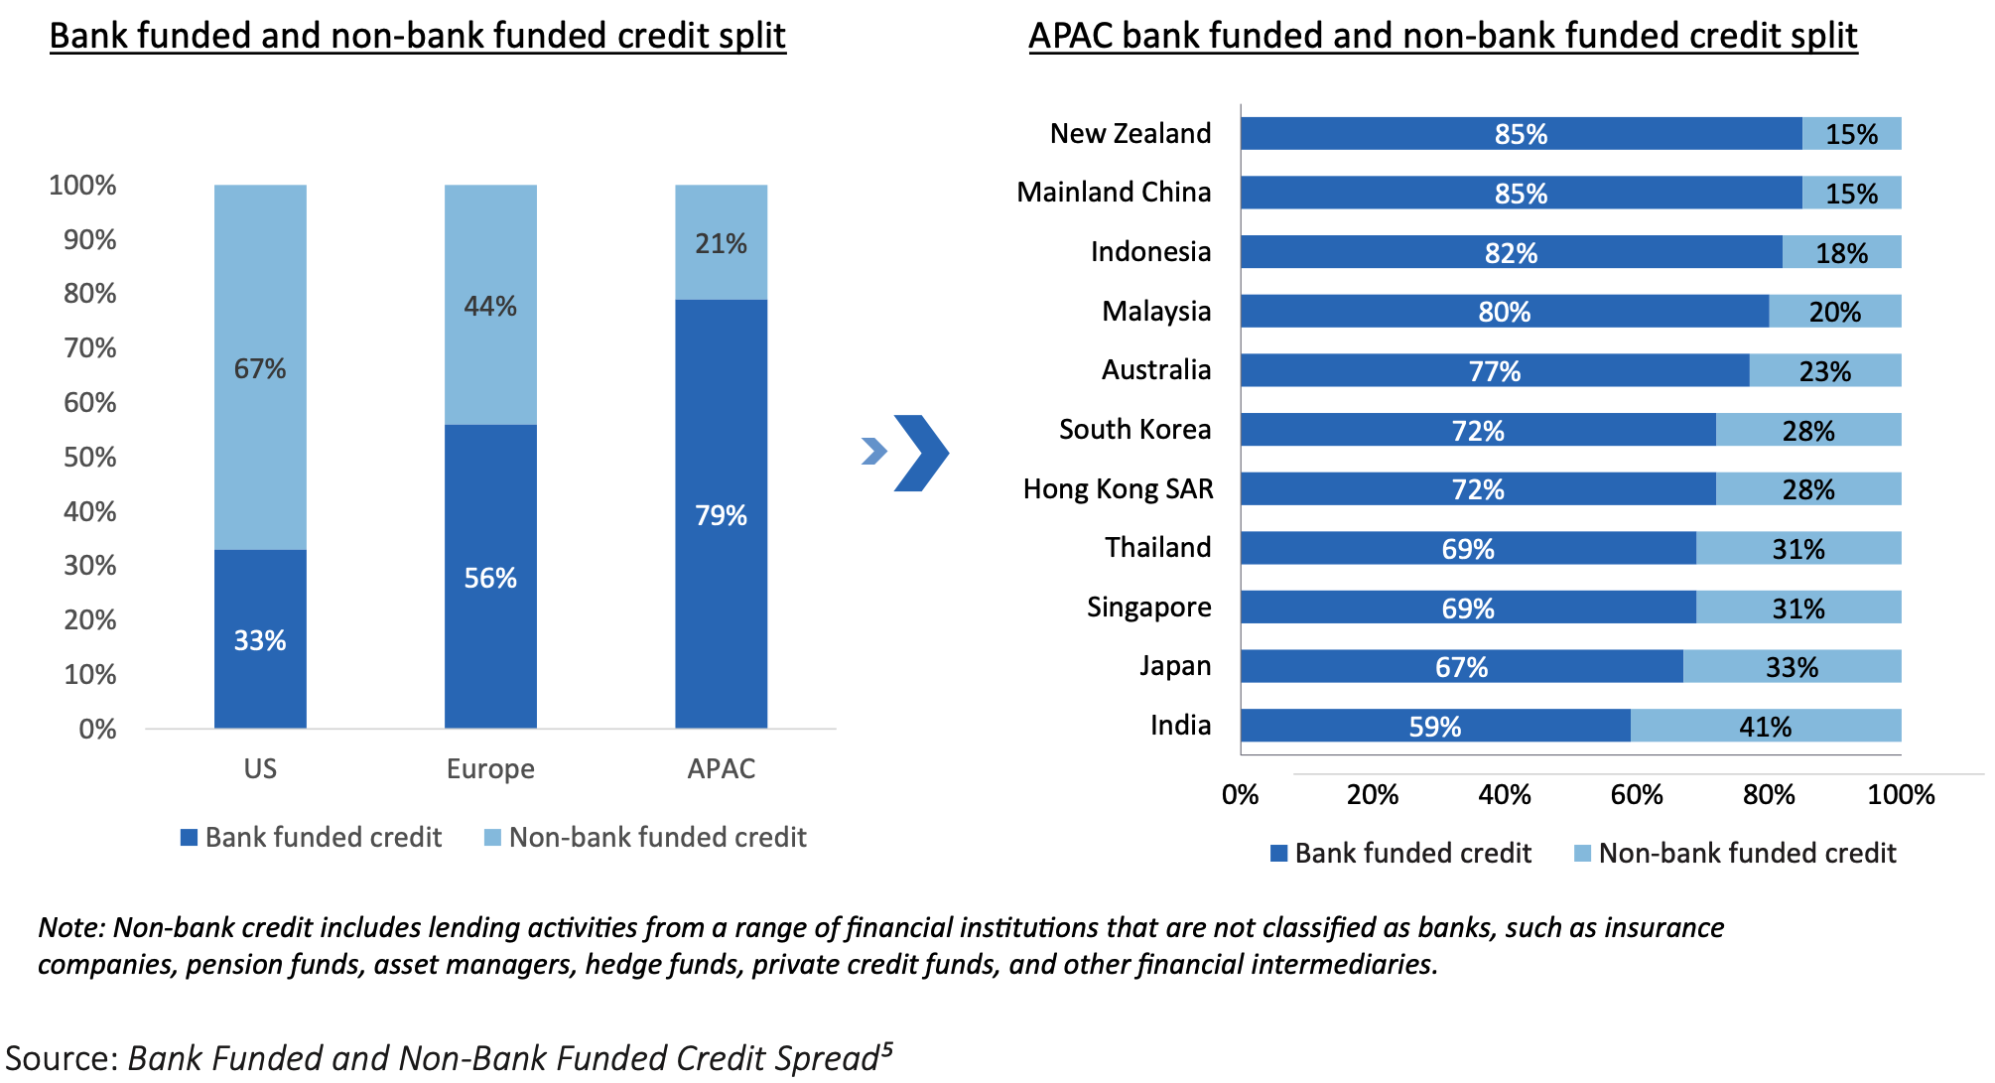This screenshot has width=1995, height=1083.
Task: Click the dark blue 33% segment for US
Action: [260, 639]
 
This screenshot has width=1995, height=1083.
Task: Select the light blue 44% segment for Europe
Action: [490, 305]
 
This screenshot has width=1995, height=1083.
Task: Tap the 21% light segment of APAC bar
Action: [721, 243]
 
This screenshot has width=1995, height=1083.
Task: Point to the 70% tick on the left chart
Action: [90, 348]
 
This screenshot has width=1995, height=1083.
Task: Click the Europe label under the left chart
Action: [490, 769]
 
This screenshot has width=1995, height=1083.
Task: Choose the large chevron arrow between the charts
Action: [921, 453]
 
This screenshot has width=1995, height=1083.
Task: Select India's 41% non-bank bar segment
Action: [1765, 727]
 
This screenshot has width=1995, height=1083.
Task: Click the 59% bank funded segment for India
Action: [1435, 727]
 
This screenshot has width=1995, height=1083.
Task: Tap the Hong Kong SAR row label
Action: [1118, 489]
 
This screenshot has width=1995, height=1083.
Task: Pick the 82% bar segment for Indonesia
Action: [1511, 253]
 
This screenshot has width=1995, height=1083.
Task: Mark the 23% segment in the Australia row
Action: [1824, 371]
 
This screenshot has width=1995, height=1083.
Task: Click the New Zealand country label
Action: [1130, 134]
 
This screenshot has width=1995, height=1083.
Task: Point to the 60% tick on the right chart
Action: [1637, 795]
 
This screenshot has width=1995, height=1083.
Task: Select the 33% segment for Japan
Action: [1792, 667]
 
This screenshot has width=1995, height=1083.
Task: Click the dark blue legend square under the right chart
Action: [1279, 854]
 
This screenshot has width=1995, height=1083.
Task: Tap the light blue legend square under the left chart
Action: [492, 838]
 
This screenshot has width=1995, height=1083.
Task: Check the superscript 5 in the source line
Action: [886, 1049]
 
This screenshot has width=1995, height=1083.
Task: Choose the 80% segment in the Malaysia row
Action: [1504, 312]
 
